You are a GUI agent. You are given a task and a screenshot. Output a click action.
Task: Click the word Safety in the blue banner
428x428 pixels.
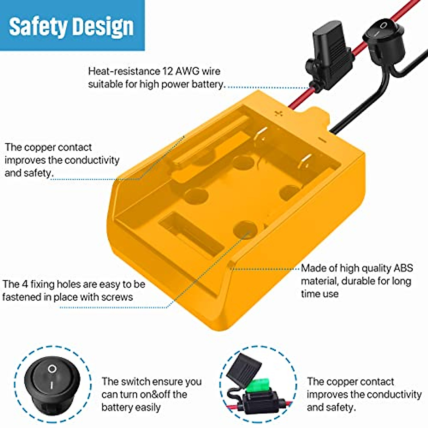coord(38,27)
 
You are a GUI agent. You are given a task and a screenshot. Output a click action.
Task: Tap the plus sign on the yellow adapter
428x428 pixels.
coord(279,114)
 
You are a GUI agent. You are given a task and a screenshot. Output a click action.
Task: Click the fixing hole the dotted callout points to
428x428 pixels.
coord(245,229)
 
